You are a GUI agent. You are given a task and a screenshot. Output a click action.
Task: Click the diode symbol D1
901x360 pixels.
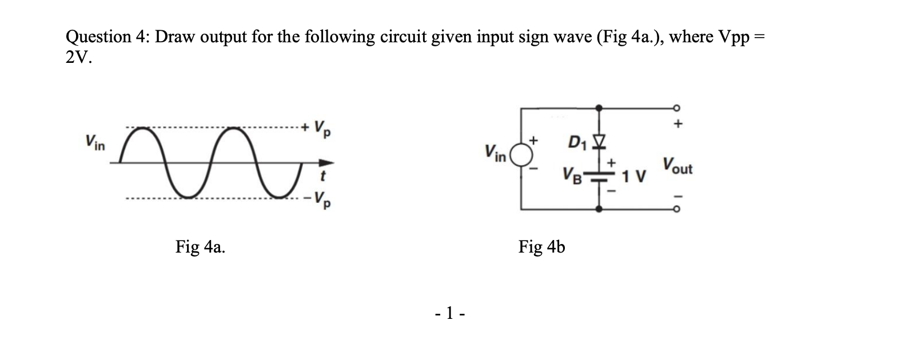click(599, 141)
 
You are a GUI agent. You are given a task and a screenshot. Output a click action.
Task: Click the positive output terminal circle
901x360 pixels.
click(677, 107)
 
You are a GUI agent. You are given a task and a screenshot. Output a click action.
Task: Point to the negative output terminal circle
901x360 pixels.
click(677, 209)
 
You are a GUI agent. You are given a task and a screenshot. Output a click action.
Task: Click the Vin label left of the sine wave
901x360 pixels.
click(95, 141)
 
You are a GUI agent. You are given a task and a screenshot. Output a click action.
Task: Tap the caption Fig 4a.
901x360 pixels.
click(200, 247)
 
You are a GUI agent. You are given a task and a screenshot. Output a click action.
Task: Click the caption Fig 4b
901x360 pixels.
click(541, 247)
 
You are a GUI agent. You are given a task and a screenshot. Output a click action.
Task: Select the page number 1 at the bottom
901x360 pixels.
click(449, 313)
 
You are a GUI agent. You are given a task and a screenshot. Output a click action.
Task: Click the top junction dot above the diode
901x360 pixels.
click(599, 107)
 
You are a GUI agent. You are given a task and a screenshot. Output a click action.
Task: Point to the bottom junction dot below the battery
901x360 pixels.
click(599, 209)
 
